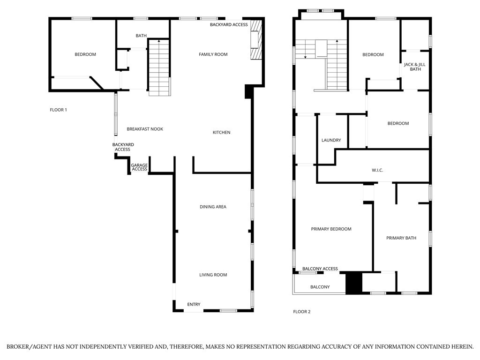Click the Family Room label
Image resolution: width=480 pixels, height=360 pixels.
[x=213, y=54]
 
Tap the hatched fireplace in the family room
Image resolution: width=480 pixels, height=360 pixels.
[x=256, y=40]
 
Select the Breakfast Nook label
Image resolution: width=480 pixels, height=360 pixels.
[x=145, y=129]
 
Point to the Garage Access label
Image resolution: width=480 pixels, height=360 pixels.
[x=139, y=167]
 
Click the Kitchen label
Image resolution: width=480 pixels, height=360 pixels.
[x=221, y=133]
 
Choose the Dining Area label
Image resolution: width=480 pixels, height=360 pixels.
[x=213, y=207]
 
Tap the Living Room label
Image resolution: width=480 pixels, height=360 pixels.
[x=213, y=275]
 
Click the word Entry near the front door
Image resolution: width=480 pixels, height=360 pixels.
[x=194, y=304]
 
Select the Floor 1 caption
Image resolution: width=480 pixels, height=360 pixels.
[x=58, y=110]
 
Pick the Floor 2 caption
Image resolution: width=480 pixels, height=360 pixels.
[x=302, y=312]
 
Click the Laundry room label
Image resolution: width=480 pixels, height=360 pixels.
[x=331, y=140]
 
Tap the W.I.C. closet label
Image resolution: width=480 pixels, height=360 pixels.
[x=377, y=170]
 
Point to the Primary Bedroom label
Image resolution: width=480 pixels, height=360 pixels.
[x=331, y=229]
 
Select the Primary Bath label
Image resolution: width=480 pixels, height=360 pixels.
[x=401, y=238]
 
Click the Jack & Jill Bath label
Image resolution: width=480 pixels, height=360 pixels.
[x=415, y=67]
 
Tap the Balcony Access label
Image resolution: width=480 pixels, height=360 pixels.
[x=320, y=269]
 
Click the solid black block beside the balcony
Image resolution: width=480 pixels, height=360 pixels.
[x=354, y=283]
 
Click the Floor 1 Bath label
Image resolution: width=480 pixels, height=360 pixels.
[x=141, y=36]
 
